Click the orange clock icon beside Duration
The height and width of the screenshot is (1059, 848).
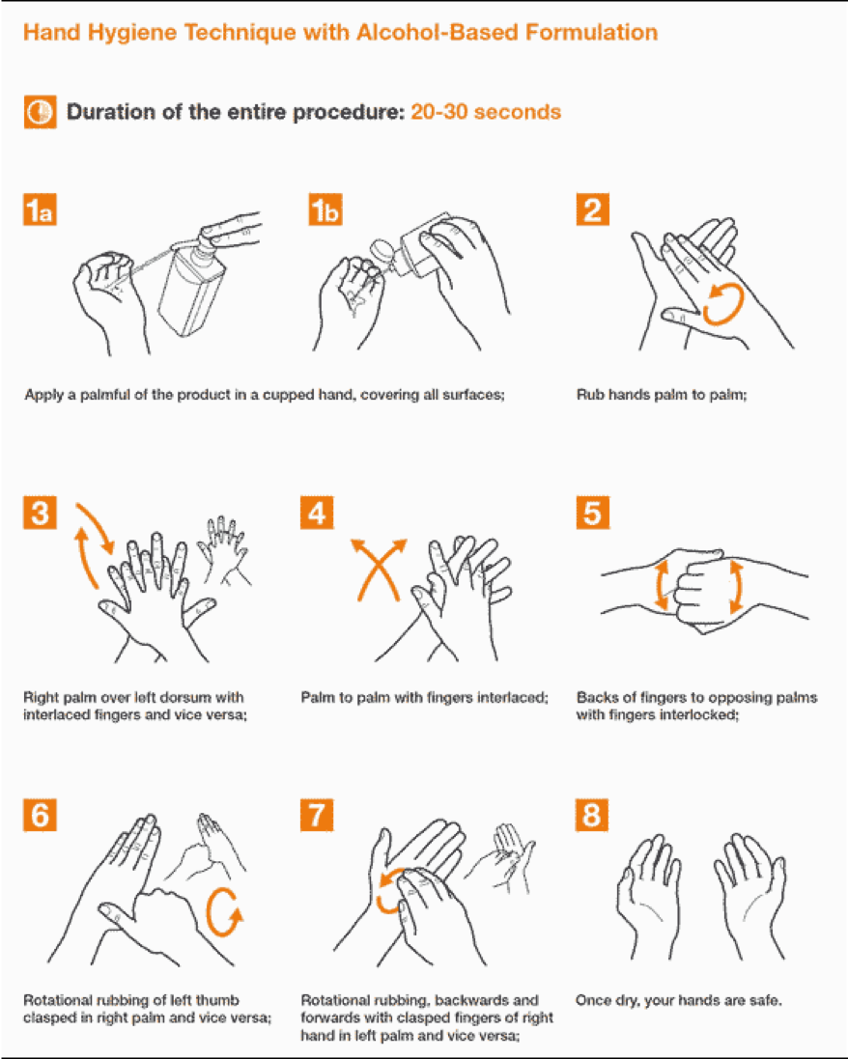[x=40, y=111]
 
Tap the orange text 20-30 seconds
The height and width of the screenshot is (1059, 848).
[x=486, y=111]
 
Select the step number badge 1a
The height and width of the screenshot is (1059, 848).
[x=40, y=209]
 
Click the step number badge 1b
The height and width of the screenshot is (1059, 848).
[x=325, y=209]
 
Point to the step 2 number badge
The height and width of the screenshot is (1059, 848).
[x=593, y=209]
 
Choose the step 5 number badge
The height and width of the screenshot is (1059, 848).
[x=593, y=513]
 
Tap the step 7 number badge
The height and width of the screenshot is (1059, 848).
[x=317, y=815]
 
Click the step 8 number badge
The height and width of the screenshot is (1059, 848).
[x=592, y=815]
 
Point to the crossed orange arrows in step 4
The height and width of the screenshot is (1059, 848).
[x=379, y=570]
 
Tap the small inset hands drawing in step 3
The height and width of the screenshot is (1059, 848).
[x=224, y=550]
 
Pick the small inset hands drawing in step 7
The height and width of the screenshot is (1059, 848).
[x=503, y=858]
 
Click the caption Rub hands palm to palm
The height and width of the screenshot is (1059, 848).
[x=662, y=395]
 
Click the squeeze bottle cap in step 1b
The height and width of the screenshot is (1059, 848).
[x=382, y=251]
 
